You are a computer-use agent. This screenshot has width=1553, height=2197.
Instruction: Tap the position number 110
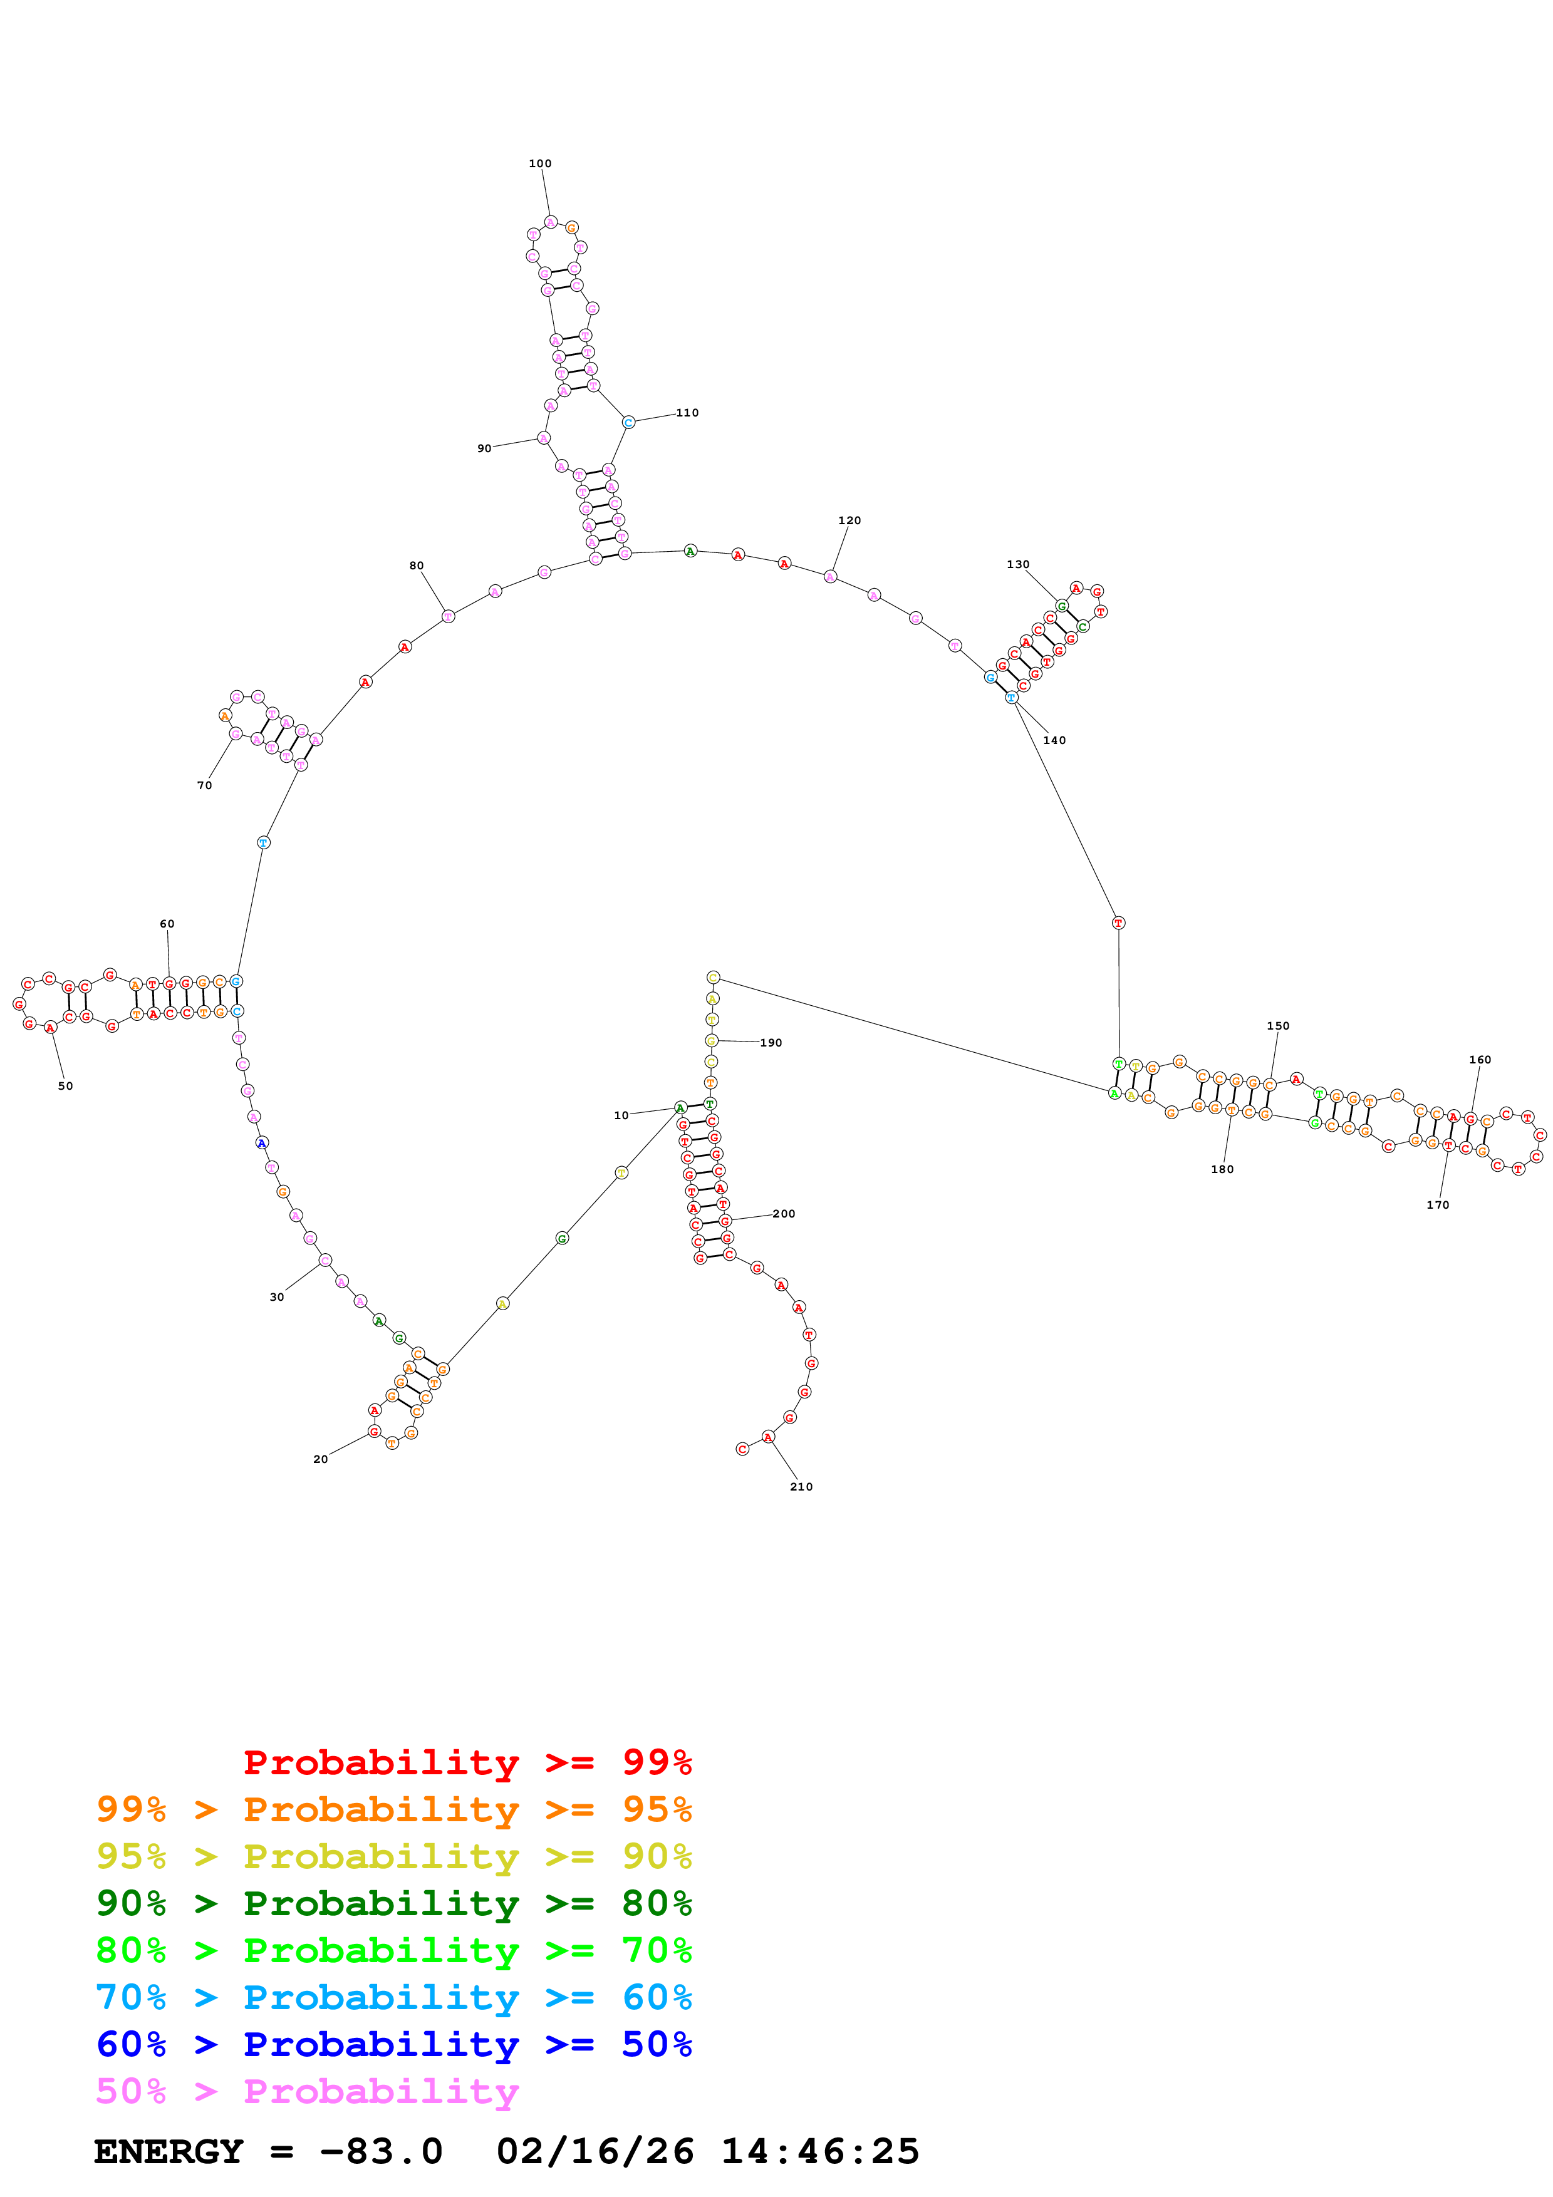(x=687, y=413)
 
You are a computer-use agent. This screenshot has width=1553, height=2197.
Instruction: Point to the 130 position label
(x=1017, y=564)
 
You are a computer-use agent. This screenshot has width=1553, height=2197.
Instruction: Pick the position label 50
(x=65, y=1086)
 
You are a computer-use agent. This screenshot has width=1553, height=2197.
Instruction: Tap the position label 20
(x=321, y=1459)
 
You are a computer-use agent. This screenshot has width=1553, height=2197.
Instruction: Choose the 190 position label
(x=771, y=1043)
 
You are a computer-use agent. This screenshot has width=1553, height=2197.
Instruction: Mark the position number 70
(x=204, y=785)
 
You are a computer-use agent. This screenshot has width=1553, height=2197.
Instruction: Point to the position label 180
(x=1222, y=1169)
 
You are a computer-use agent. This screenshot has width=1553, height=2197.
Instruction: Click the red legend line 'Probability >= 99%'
(x=467, y=1762)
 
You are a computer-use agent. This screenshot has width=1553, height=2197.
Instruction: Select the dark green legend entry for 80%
(x=393, y=1903)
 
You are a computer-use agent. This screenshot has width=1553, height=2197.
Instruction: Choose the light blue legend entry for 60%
(x=393, y=1997)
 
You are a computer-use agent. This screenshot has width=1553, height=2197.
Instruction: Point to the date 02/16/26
(x=595, y=2151)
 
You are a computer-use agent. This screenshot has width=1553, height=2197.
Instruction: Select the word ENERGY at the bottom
(x=169, y=2151)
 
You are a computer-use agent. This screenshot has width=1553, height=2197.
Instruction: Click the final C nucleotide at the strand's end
(x=742, y=1449)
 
